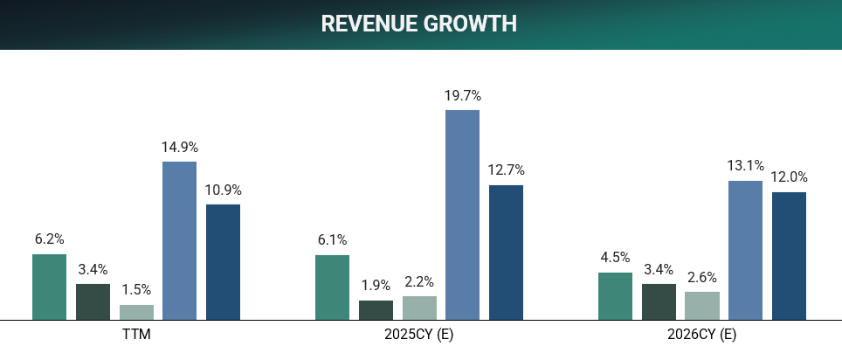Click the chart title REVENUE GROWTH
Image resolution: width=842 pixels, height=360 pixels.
pos(419,24)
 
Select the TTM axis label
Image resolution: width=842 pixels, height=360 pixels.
pos(136,335)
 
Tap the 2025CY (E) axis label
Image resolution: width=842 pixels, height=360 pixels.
pos(418,335)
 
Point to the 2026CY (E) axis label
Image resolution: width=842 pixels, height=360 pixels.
pos(701,335)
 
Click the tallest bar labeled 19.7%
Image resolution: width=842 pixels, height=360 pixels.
pos(462,214)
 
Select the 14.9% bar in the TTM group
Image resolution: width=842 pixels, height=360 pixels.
pos(179,240)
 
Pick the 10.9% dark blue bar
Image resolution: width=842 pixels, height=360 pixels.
pos(223,261)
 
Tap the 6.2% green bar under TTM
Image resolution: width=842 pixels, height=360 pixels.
pos(50,287)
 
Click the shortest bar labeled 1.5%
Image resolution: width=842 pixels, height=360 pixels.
pos(136,312)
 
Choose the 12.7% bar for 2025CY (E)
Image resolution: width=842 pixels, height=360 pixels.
pos(506,252)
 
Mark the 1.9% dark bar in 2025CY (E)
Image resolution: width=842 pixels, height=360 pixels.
pos(376,310)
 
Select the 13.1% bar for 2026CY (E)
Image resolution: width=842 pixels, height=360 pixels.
pos(745,250)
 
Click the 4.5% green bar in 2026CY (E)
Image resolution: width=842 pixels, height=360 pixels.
pos(615,295)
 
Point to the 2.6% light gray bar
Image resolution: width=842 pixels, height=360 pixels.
pos(701,305)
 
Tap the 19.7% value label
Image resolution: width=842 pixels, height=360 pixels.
pos(462,95)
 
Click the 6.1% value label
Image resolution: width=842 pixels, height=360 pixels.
pos(332,239)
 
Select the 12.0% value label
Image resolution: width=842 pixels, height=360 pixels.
pos(789,177)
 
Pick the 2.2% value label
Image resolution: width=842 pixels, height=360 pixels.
pos(418,281)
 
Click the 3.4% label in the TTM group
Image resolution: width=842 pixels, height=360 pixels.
pos(93,269)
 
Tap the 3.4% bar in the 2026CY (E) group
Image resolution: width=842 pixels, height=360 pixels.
pos(659,301)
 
